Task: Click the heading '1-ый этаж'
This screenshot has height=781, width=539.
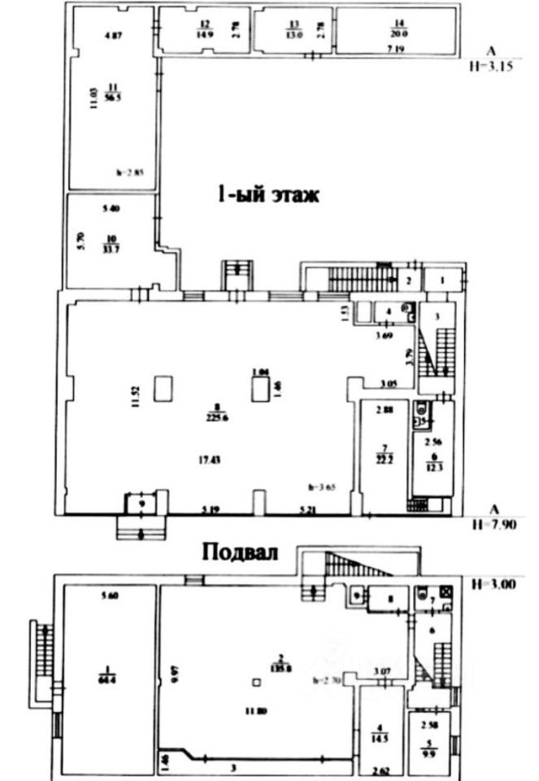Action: tap(267, 196)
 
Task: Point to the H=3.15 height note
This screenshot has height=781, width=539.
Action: tap(491, 68)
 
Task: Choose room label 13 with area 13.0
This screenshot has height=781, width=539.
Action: tap(293, 28)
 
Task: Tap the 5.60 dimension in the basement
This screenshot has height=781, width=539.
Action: tap(111, 596)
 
